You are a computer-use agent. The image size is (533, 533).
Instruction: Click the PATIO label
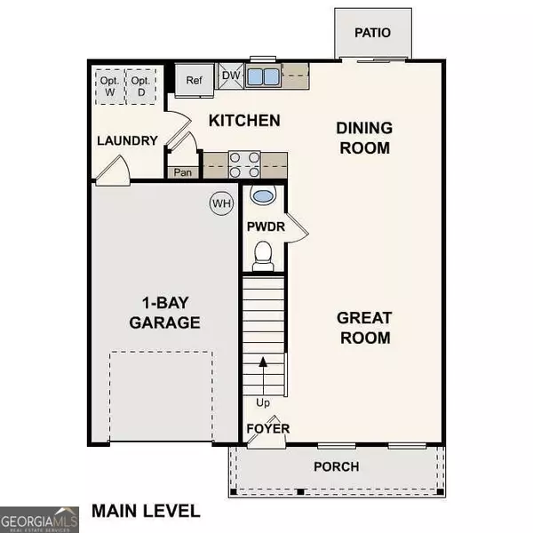pyautogui.click(x=373, y=33)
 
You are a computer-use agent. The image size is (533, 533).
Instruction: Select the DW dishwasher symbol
pyautogui.click(x=230, y=76)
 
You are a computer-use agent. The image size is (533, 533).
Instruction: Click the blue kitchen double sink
pyautogui.click(x=262, y=76)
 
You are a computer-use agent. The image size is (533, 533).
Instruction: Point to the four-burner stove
pyautogui.click(x=244, y=165)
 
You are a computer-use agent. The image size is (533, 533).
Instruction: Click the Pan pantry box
pyautogui.click(x=184, y=172)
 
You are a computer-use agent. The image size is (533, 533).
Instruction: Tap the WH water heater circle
pyautogui.click(x=220, y=203)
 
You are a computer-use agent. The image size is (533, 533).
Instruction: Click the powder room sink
pyautogui.click(x=262, y=196)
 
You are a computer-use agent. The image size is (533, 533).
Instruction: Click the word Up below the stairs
pyautogui.click(x=263, y=402)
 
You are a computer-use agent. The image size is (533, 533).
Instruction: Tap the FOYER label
pyautogui.click(x=268, y=428)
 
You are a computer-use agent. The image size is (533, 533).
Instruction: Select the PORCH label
pyautogui.click(x=337, y=466)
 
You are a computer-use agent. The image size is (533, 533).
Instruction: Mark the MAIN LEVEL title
pyautogui.click(x=146, y=511)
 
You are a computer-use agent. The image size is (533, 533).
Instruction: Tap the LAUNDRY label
pyautogui.click(x=127, y=140)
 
